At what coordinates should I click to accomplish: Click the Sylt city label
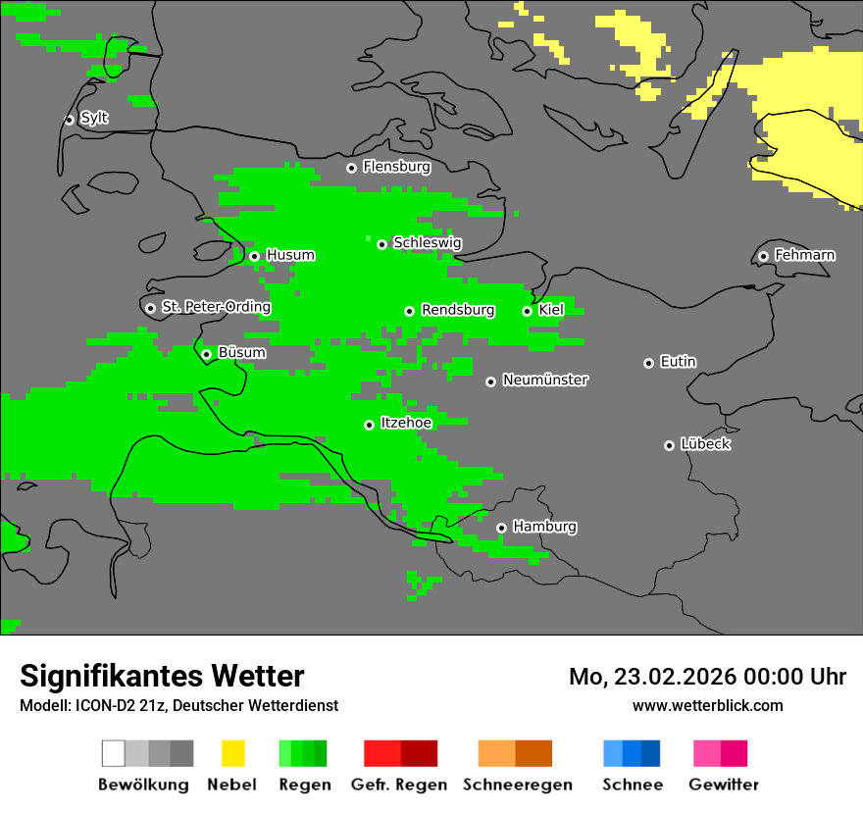[x=94, y=118]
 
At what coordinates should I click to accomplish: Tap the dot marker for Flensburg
[x=351, y=168]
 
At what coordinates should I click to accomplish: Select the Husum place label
[x=290, y=255]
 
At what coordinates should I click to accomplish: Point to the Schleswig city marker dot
[x=381, y=244]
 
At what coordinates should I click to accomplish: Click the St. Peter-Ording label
[x=216, y=307]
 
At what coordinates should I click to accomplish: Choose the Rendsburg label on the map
[x=458, y=310]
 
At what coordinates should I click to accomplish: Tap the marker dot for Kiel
[x=527, y=311]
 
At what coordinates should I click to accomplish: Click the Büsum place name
[x=241, y=352]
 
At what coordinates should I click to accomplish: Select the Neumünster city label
[x=545, y=380]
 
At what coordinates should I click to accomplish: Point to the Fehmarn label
[x=804, y=255]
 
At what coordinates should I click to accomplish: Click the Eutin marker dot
[x=648, y=363]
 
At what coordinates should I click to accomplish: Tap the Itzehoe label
[x=406, y=423]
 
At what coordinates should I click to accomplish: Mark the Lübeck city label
[x=705, y=444]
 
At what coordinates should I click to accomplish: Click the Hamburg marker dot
[x=501, y=528]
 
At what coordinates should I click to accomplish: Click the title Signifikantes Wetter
[x=162, y=676]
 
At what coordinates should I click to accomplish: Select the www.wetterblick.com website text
[x=707, y=705]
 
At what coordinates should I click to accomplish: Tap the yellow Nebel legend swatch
[x=232, y=753]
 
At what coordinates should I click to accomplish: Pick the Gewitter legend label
[x=723, y=785]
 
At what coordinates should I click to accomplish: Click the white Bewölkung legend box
[x=114, y=753]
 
